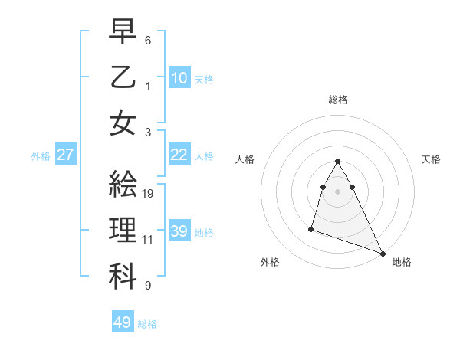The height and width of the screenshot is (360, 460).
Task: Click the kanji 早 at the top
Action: pyautogui.click(x=123, y=31)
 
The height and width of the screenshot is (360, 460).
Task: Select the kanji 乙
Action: pyautogui.click(x=123, y=77)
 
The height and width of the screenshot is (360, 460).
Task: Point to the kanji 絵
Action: pyautogui.click(x=123, y=185)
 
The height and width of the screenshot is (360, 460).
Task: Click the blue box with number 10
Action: pyautogui.click(x=179, y=77)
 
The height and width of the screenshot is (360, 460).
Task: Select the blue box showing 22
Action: pyautogui.click(x=179, y=155)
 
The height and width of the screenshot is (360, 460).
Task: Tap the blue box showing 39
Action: pyautogui.click(x=179, y=231)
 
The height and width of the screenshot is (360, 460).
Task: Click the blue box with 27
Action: pyautogui.click(x=66, y=155)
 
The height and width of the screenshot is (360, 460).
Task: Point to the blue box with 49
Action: pyautogui.click(x=123, y=322)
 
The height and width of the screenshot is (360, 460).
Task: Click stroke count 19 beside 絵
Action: pyautogui.click(x=149, y=193)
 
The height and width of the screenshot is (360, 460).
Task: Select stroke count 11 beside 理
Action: pyautogui.click(x=149, y=239)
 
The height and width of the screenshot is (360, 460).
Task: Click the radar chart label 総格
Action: pyautogui.click(x=338, y=100)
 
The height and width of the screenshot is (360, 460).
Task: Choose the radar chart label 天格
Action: pyautogui.click(x=432, y=159)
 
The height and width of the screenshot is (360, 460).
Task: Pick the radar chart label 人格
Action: pyautogui.click(x=245, y=159)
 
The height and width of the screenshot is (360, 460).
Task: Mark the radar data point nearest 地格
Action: pyautogui.click(x=383, y=253)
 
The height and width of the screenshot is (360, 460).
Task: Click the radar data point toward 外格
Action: pyautogui.click(x=311, y=228)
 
